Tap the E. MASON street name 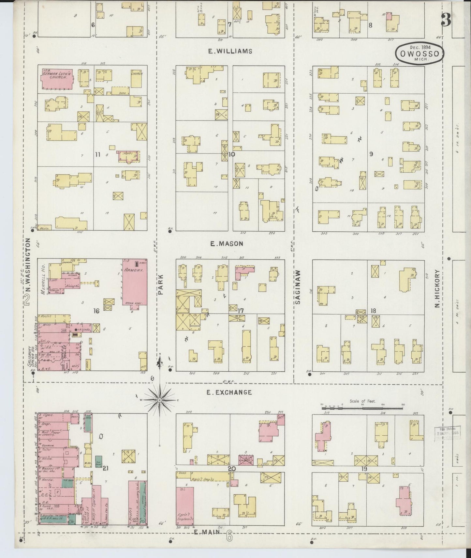click(227, 243)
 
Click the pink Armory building click(134, 282)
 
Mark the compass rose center click(160, 400)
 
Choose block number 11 click(97, 154)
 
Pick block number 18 click(373, 311)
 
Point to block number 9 click(371, 154)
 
